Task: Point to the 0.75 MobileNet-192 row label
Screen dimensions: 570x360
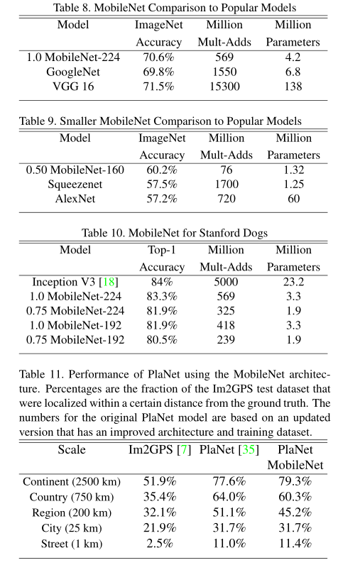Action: tap(75, 340)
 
